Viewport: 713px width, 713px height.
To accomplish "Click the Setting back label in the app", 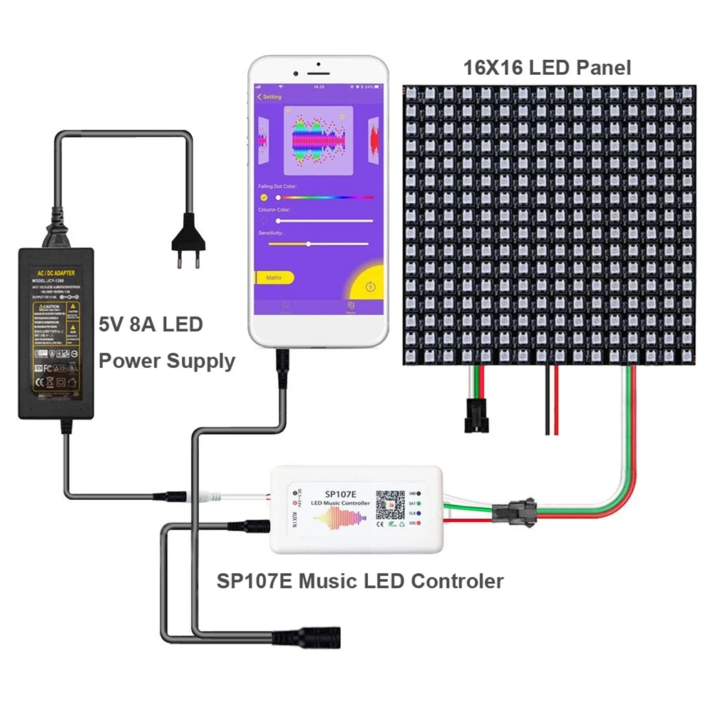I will point(269,97).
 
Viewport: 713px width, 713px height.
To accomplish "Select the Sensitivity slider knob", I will point(308,244).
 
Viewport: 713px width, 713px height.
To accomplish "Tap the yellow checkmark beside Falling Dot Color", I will point(264,198).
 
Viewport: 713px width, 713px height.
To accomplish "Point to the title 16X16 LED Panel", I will point(547,68).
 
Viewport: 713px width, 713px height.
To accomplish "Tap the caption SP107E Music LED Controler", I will point(360,581).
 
